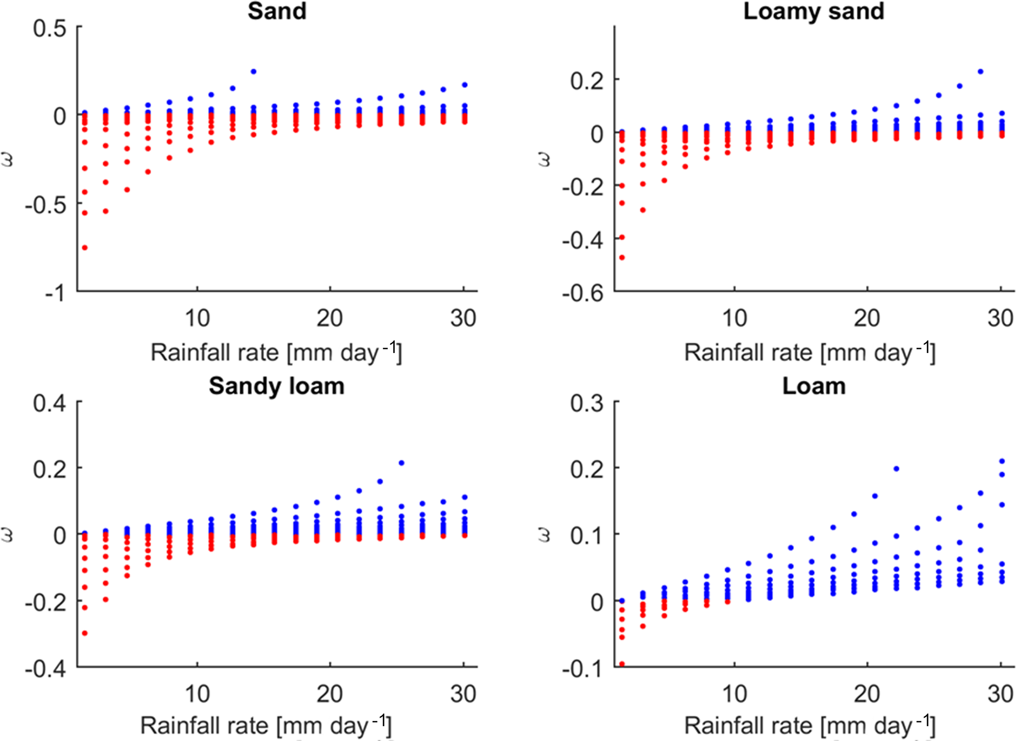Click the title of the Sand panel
[277, 11]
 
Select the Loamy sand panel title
[813, 11]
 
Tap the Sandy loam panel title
[276, 386]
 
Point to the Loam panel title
[813, 386]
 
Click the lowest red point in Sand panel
[85, 247]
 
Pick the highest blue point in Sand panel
[254, 71]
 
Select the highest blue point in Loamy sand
[980, 71]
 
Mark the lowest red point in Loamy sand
[622, 257]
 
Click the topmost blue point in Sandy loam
[402, 463]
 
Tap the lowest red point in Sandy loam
[85, 633]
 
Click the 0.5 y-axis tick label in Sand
[49, 29]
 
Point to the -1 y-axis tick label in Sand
[55, 293]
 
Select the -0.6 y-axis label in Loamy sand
[583, 293]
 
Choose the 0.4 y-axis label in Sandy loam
[49, 404]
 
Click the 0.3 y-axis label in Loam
[586, 404]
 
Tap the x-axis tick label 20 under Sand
[329, 319]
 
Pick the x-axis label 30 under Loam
[1000, 694]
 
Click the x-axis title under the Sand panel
[276, 352]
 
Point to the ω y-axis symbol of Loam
[544, 535]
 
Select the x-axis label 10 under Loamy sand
[734, 319]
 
